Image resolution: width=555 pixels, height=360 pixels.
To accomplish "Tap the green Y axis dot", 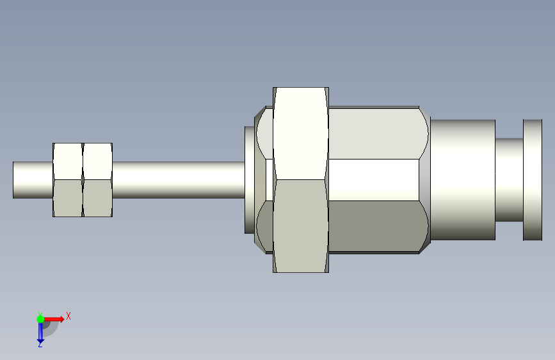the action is tap(40, 319).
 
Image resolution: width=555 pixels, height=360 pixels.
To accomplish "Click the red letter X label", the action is tap(68, 316).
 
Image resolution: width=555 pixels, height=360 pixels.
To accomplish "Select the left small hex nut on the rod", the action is tap(68, 180).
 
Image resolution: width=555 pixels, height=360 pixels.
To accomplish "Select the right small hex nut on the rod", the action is tap(98, 180).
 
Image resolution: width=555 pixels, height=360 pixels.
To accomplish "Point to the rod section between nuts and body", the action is tap(179, 180).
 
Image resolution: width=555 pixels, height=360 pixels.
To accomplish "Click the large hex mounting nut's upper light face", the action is tap(301, 133).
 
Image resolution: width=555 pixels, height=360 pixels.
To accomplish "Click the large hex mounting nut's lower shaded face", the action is tap(301, 226).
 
